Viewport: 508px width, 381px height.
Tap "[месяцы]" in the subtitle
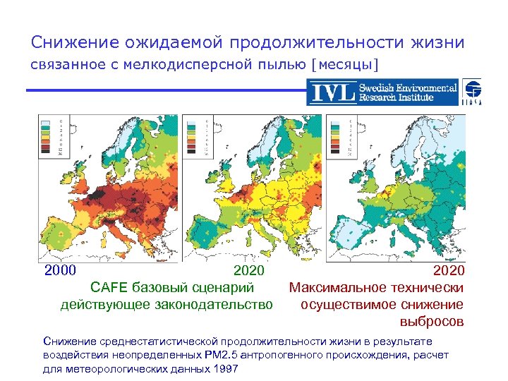[x=344, y=66]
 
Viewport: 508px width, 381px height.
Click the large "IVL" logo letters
[x=331, y=93]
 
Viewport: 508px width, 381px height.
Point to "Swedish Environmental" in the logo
[x=408, y=87]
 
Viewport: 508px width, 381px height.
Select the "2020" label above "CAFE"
[x=249, y=270]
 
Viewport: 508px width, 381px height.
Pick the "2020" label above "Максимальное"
[x=448, y=270]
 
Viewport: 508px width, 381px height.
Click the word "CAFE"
[x=108, y=287]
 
